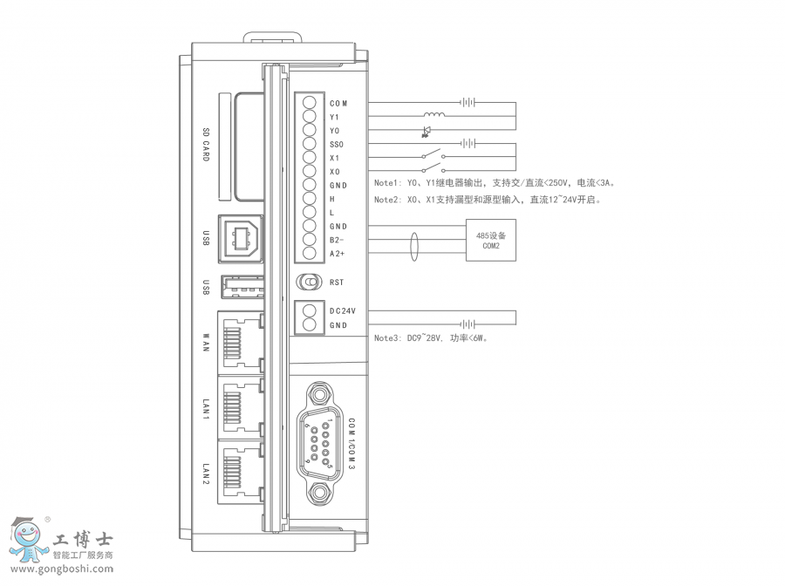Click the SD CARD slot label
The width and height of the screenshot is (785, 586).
tap(207, 145)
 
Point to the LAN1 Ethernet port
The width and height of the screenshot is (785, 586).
tap(243, 407)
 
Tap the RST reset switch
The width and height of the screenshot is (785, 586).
tap(309, 283)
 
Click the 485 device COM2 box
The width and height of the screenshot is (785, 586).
tap(491, 241)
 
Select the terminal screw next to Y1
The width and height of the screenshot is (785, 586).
tap(310, 117)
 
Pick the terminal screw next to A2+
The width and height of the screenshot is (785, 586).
tap(310, 254)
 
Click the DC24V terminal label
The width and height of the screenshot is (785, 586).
tap(343, 310)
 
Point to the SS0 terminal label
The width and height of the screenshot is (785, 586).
tap(337, 144)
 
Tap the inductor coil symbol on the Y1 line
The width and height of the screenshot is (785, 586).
tap(434, 116)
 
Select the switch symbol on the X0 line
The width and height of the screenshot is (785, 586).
tap(433, 171)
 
